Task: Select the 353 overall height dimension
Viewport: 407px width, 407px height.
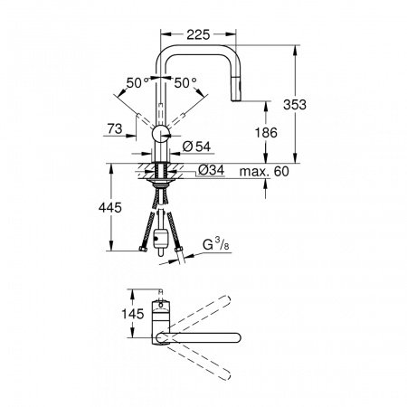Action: pyautogui.click(x=311, y=105)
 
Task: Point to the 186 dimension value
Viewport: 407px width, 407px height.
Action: pyautogui.click(x=266, y=132)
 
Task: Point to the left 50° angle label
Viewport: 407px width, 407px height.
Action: pyautogui.click(x=137, y=82)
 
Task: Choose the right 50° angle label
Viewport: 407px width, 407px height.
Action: pyautogui.click(x=184, y=82)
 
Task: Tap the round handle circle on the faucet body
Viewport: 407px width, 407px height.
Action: pyautogui.click(x=159, y=135)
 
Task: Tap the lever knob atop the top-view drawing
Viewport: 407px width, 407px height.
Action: pyautogui.click(x=160, y=293)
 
